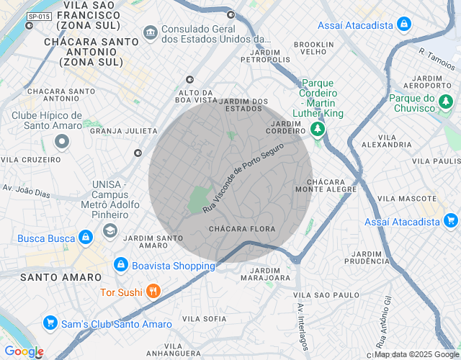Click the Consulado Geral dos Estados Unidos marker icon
(x=151, y=32)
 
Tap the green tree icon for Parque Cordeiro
(x=317, y=129)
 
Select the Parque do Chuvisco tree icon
(x=447, y=103)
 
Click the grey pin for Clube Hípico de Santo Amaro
(x=62, y=141)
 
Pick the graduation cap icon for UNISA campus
(x=109, y=230)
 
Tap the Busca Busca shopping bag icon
(x=85, y=237)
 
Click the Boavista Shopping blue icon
(x=120, y=266)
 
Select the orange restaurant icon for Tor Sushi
(x=153, y=292)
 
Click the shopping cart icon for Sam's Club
(x=50, y=324)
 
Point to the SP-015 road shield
(x=39, y=16)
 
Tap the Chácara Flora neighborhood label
(x=242, y=229)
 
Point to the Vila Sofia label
(x=205, y=318)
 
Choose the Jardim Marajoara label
(x=264, y=273)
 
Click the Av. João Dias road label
(x=26, y=191)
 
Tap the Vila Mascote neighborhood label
(x=408, y=198)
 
